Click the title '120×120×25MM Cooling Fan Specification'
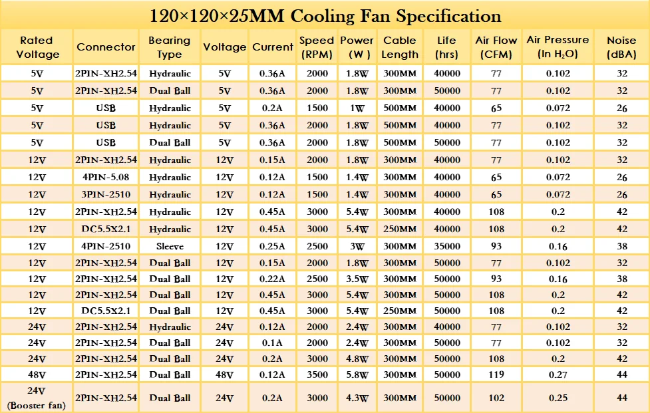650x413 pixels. pos(325,15)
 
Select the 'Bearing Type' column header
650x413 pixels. pos(170,47)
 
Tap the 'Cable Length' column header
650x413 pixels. pos(400,47)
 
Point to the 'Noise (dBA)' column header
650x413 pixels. pos(621,47)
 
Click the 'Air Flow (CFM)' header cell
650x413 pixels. pos(496,47)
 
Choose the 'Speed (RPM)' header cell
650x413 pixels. pos(317,47)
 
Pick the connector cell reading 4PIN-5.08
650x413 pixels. pos(106,178)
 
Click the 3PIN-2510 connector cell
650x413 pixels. pos(106,195)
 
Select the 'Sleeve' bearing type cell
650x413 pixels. pos(170,247)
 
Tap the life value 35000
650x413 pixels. pos(446,247)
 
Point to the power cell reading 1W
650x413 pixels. pos(357,108)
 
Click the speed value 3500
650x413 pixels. pos(317,374)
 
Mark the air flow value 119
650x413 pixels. pos(496,374)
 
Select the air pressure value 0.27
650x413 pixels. pos(558,374)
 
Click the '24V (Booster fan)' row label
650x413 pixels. pos(37,398)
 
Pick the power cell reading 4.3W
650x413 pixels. pos(357,398)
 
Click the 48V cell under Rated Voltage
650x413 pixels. pos(37,374)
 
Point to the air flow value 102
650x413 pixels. pos(496,398)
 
